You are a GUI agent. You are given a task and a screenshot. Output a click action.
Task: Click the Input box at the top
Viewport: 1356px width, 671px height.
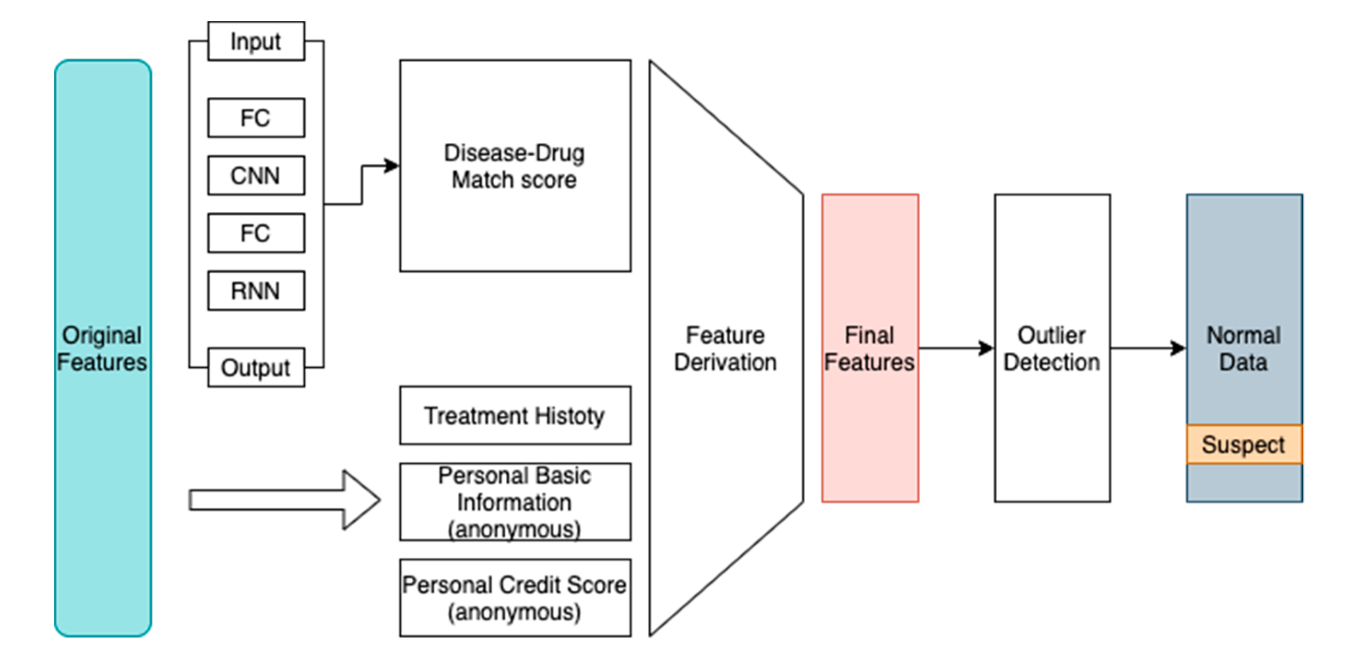coord(256,41)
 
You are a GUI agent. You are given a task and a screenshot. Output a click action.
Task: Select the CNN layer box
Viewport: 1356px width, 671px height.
coord(256,175)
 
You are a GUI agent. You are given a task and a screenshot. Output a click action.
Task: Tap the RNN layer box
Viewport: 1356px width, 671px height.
coord(256,290)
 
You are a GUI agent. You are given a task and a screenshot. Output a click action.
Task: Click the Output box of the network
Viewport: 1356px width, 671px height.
coord(256,367)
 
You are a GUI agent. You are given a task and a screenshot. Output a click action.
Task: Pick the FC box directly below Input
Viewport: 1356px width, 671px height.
coord(256,118)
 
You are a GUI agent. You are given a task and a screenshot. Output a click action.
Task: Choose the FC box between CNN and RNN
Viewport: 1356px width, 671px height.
coord(256,233)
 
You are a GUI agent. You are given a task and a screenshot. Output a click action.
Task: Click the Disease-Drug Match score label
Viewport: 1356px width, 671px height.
coord(514,166)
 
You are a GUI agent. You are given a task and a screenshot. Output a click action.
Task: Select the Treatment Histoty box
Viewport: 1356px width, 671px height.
coord(515,416)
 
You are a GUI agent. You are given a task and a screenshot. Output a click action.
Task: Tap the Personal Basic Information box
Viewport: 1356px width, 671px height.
coord(515,502)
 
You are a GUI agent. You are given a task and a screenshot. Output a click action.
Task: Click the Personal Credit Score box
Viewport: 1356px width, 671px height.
coord(515,598)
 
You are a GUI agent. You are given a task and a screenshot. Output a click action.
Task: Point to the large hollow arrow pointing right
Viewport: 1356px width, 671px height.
coord(284,500)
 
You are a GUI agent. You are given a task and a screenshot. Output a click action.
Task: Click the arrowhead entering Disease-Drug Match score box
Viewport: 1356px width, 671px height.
coord(391,166)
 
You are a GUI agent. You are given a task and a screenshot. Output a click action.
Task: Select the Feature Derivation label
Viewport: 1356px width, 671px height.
coord(725,348)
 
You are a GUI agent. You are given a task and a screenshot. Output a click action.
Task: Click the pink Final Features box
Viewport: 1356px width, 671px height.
coord(870,348)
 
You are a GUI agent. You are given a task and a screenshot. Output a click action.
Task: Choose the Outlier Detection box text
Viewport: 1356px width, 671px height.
coord(1052,348)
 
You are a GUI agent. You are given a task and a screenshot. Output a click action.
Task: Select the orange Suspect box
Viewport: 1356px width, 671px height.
coord(1243,445)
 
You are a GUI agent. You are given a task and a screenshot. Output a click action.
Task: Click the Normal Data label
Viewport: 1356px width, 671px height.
coord(1243,348)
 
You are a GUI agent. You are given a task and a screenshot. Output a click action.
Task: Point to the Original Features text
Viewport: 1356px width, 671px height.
coord(102,348)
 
